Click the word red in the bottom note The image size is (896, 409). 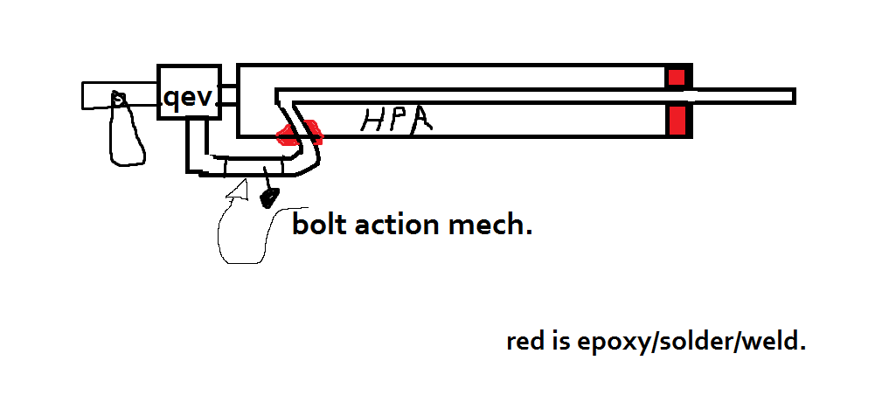[x=524, y=341]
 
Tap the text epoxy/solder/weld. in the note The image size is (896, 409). [x=691, y=342]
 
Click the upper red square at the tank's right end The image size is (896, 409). [x=677, y=77]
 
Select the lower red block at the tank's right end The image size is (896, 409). [x=677, y=121]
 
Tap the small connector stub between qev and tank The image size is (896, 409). [x=228, y=95]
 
